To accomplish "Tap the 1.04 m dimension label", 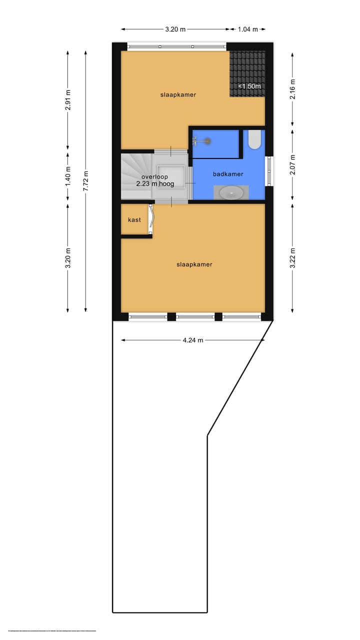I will click(x=247, y=29).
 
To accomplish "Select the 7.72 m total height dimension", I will click(x=86, y=177).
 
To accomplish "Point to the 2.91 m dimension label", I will click(x=68, y=99).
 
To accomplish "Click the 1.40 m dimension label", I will click(x=68, y=176).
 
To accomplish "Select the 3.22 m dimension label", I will click(x=292, y=258).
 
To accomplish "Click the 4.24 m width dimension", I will click(x=193, y=340).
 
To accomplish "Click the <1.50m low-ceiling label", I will click(x=248, y=86).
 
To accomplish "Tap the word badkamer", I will click(x=228, y=174).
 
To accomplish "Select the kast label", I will click(x=134, y=220).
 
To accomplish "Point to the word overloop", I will click(x=154, y=177).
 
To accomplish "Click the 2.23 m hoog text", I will click(x=154, y=184).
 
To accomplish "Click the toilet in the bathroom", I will click(x=254, y=139).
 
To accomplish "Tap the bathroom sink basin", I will click(x=231, y=192).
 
